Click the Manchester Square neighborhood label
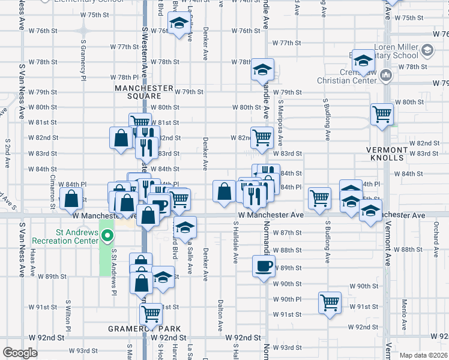(x=137, y=92)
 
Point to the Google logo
(x=20, y=353)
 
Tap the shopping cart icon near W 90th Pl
(x=330, y=302)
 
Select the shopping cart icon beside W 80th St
(x=382, y=113)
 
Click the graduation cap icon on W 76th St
(x=178, y=24)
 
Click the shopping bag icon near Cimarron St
(x=71, y=199)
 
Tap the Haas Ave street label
(x=33, y=264)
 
